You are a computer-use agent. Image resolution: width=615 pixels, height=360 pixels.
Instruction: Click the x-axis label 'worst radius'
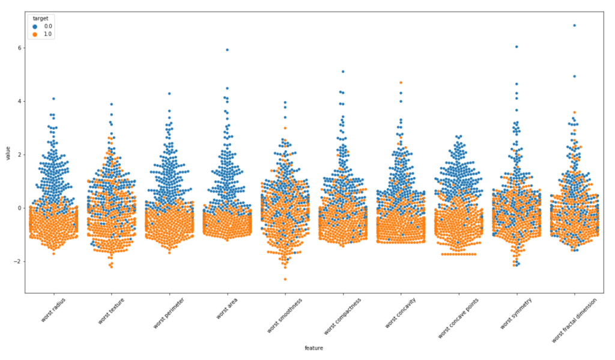pos(53,311)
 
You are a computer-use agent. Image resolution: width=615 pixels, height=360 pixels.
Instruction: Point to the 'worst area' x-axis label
pos(227,308)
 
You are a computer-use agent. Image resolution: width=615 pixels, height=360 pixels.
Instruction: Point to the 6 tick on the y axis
pos(20,47)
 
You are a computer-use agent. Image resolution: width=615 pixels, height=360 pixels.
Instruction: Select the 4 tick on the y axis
pos(20,101)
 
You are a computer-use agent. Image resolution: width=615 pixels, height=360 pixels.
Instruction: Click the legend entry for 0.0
pos(43,27)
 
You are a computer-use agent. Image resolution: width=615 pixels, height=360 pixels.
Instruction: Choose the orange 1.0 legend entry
pos(43,35)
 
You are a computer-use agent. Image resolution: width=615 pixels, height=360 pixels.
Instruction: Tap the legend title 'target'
pos(40,19)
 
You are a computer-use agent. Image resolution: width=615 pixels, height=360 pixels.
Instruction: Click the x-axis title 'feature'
pos(314,348)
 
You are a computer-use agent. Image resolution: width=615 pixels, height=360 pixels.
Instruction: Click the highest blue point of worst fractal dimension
pos(574,25)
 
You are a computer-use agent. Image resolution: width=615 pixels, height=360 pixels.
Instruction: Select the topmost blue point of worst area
pos(227,50)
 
